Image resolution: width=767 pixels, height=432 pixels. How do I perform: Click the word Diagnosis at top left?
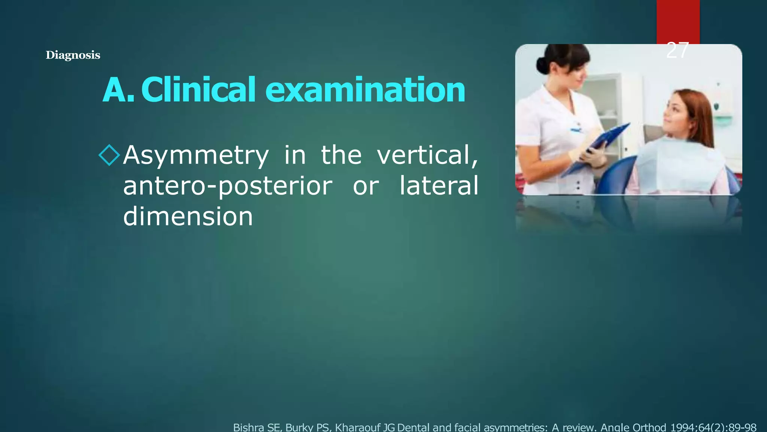(x=73, y=55)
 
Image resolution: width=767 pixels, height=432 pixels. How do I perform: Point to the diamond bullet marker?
(x=109, y=155)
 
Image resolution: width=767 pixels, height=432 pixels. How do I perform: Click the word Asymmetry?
(x=196, y=156)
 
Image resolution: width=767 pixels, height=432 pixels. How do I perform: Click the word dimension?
(x=188, y=217)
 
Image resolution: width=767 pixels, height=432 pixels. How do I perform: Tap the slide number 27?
(x=677, y=50)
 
